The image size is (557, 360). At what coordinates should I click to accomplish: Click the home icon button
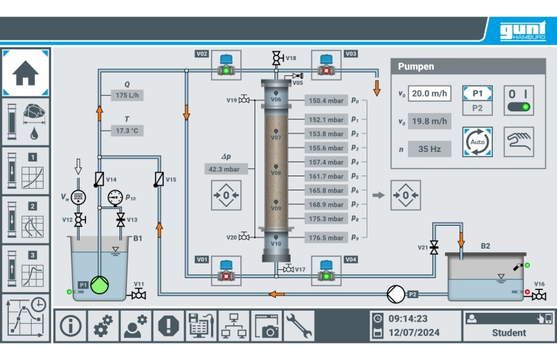coord(25,73)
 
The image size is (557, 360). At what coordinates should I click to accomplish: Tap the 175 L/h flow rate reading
coord(127,95)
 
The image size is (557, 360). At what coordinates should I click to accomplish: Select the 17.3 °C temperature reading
coord(127,131)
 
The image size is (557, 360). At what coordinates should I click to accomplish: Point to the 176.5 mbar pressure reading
coord(326,238)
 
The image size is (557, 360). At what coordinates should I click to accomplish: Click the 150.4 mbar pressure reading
coord(326,100)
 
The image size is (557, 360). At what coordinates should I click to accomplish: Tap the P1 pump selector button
coord(477,94)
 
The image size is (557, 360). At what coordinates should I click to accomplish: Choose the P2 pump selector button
coord(477,108)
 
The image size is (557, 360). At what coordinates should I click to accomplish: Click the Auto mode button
coord(477,142)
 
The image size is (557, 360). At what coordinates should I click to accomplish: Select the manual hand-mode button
coord(519,142)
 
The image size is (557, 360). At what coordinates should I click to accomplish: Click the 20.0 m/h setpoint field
coord(429,94)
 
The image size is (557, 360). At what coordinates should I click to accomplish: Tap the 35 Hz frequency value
coord(429,149)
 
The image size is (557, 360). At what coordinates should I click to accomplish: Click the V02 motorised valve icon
coord(226,65)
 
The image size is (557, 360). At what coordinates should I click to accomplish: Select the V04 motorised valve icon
coord(326,271)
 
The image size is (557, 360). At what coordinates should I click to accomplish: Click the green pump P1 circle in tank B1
coord(100,285)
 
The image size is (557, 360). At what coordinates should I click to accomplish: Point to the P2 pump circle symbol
coord(395,294)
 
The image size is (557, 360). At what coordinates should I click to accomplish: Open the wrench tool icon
coord(299,325)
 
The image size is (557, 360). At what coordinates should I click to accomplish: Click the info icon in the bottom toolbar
coord(70,325)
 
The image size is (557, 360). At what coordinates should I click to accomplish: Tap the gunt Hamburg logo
coord(522,31)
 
